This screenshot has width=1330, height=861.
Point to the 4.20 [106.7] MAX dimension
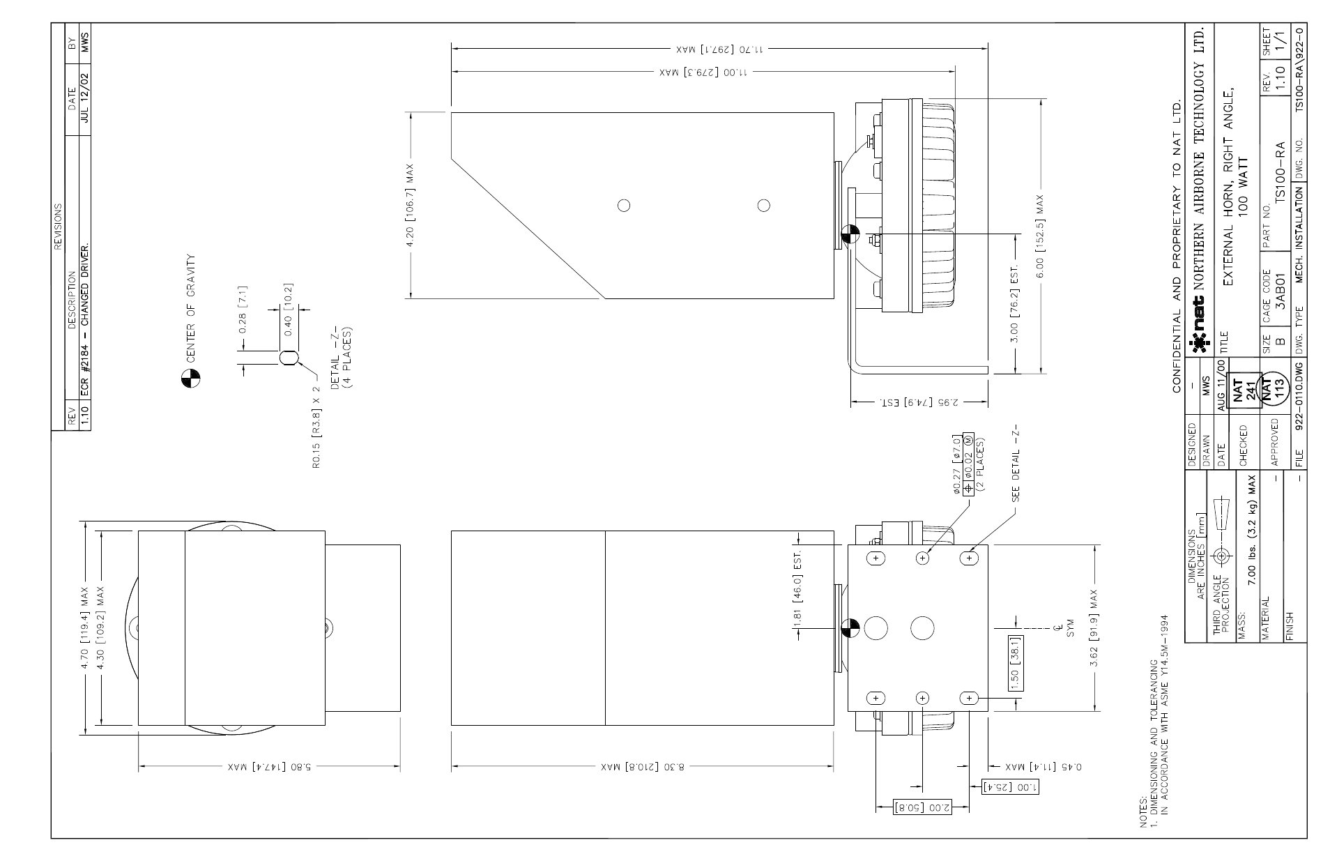[x=410, y=206]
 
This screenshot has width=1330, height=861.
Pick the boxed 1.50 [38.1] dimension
[x=1015, y=662]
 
